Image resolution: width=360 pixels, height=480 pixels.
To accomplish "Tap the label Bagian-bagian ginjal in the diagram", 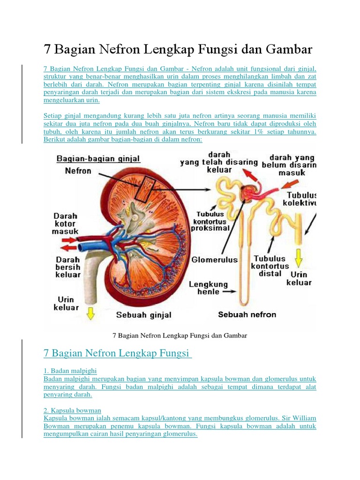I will coord(98,159).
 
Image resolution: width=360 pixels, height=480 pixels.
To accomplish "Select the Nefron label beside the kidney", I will coord(78,171).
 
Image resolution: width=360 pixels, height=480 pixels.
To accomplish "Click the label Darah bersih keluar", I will coord(68,267).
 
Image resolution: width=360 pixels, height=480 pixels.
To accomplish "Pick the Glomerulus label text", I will coord(215,259).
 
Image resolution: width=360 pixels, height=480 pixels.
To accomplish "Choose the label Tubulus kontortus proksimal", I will coord(210,221).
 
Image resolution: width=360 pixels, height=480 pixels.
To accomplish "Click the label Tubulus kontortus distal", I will coord(270,266).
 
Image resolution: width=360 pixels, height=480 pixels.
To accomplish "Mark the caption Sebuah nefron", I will coord(247,315).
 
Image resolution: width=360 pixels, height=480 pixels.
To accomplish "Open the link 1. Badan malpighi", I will coord(70,371).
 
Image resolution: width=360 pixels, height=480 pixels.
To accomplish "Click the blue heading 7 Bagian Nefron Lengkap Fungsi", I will coord(117,352).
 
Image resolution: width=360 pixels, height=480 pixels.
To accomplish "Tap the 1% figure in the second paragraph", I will coord(259,132).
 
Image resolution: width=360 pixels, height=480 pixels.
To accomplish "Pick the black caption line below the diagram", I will coord(180,336).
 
